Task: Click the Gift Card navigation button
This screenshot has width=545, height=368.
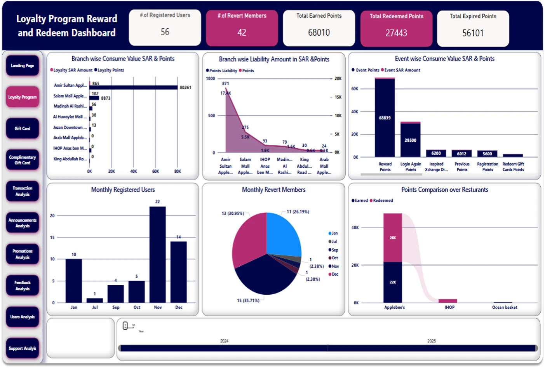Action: pos(23,128)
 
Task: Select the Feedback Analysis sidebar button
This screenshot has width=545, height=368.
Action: pos(23,286)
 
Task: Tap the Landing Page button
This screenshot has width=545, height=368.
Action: pos(23,66)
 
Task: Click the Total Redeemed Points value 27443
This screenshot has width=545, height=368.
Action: pos(396,33)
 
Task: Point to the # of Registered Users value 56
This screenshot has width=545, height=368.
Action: pos(165,32)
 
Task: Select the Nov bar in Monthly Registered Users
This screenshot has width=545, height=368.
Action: pos(158,254)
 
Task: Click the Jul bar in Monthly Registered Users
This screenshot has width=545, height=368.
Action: pos(95,300)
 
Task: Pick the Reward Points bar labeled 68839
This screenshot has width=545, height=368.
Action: pos(385,118)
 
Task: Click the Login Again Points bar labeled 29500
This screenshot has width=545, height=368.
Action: pos(410,140)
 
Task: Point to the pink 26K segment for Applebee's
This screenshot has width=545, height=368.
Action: pos(393,238)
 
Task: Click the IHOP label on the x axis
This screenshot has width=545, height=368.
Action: pos(449,307)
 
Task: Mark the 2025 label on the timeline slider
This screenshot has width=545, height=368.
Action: pos(432,341)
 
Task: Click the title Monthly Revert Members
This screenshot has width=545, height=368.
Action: pos(273,190)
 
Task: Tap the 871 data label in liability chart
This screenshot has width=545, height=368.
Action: pos(225,83)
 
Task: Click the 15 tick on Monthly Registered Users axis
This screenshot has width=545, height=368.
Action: pos(52,237)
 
